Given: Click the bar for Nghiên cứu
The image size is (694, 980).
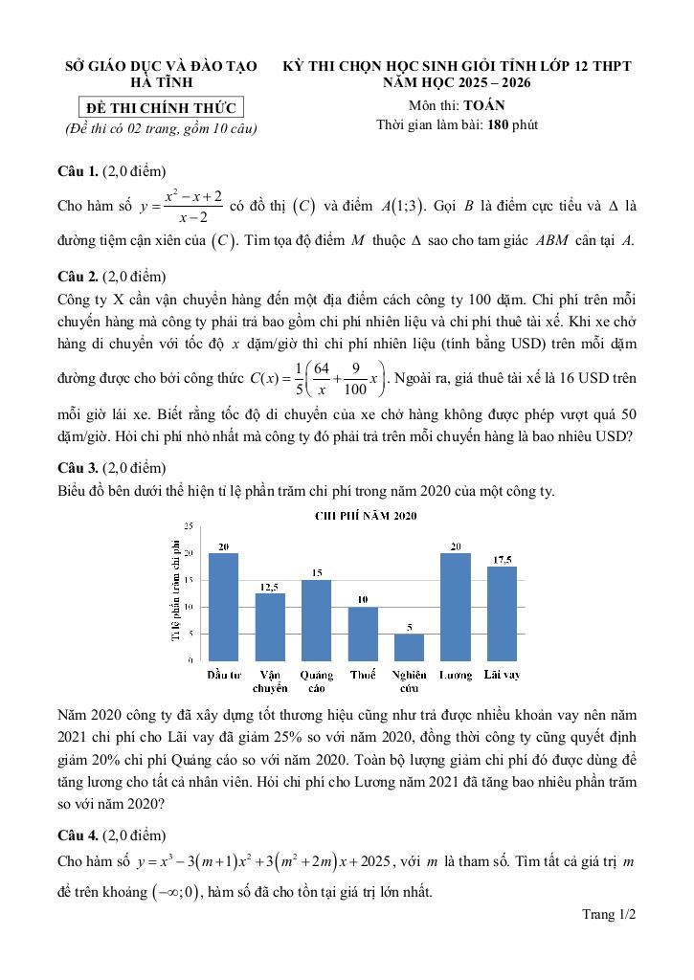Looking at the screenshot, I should point(409,647).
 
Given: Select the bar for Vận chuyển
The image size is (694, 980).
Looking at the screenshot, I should point(270,627).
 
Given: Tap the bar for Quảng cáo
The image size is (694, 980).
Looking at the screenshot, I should point(316,620).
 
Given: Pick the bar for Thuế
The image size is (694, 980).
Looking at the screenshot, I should point(363,634).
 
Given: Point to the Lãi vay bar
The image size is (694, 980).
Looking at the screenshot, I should point(502,613).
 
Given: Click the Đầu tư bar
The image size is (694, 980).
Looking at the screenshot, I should point(223,607).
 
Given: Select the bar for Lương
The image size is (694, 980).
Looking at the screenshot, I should point(455,607).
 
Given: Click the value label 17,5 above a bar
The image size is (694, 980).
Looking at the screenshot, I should point(502,559).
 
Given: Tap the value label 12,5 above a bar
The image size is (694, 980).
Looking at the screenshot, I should point(270,586).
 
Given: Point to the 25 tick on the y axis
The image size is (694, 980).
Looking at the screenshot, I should point(188,526).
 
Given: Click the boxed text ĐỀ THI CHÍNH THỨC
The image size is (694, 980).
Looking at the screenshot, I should point(161,107).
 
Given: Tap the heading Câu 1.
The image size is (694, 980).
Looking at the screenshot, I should point(78,172).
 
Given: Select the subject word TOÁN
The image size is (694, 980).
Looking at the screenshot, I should point(485,105).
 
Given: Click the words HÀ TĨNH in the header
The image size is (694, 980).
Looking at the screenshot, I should point(161,84).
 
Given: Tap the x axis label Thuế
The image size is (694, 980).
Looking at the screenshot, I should point(363,675).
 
